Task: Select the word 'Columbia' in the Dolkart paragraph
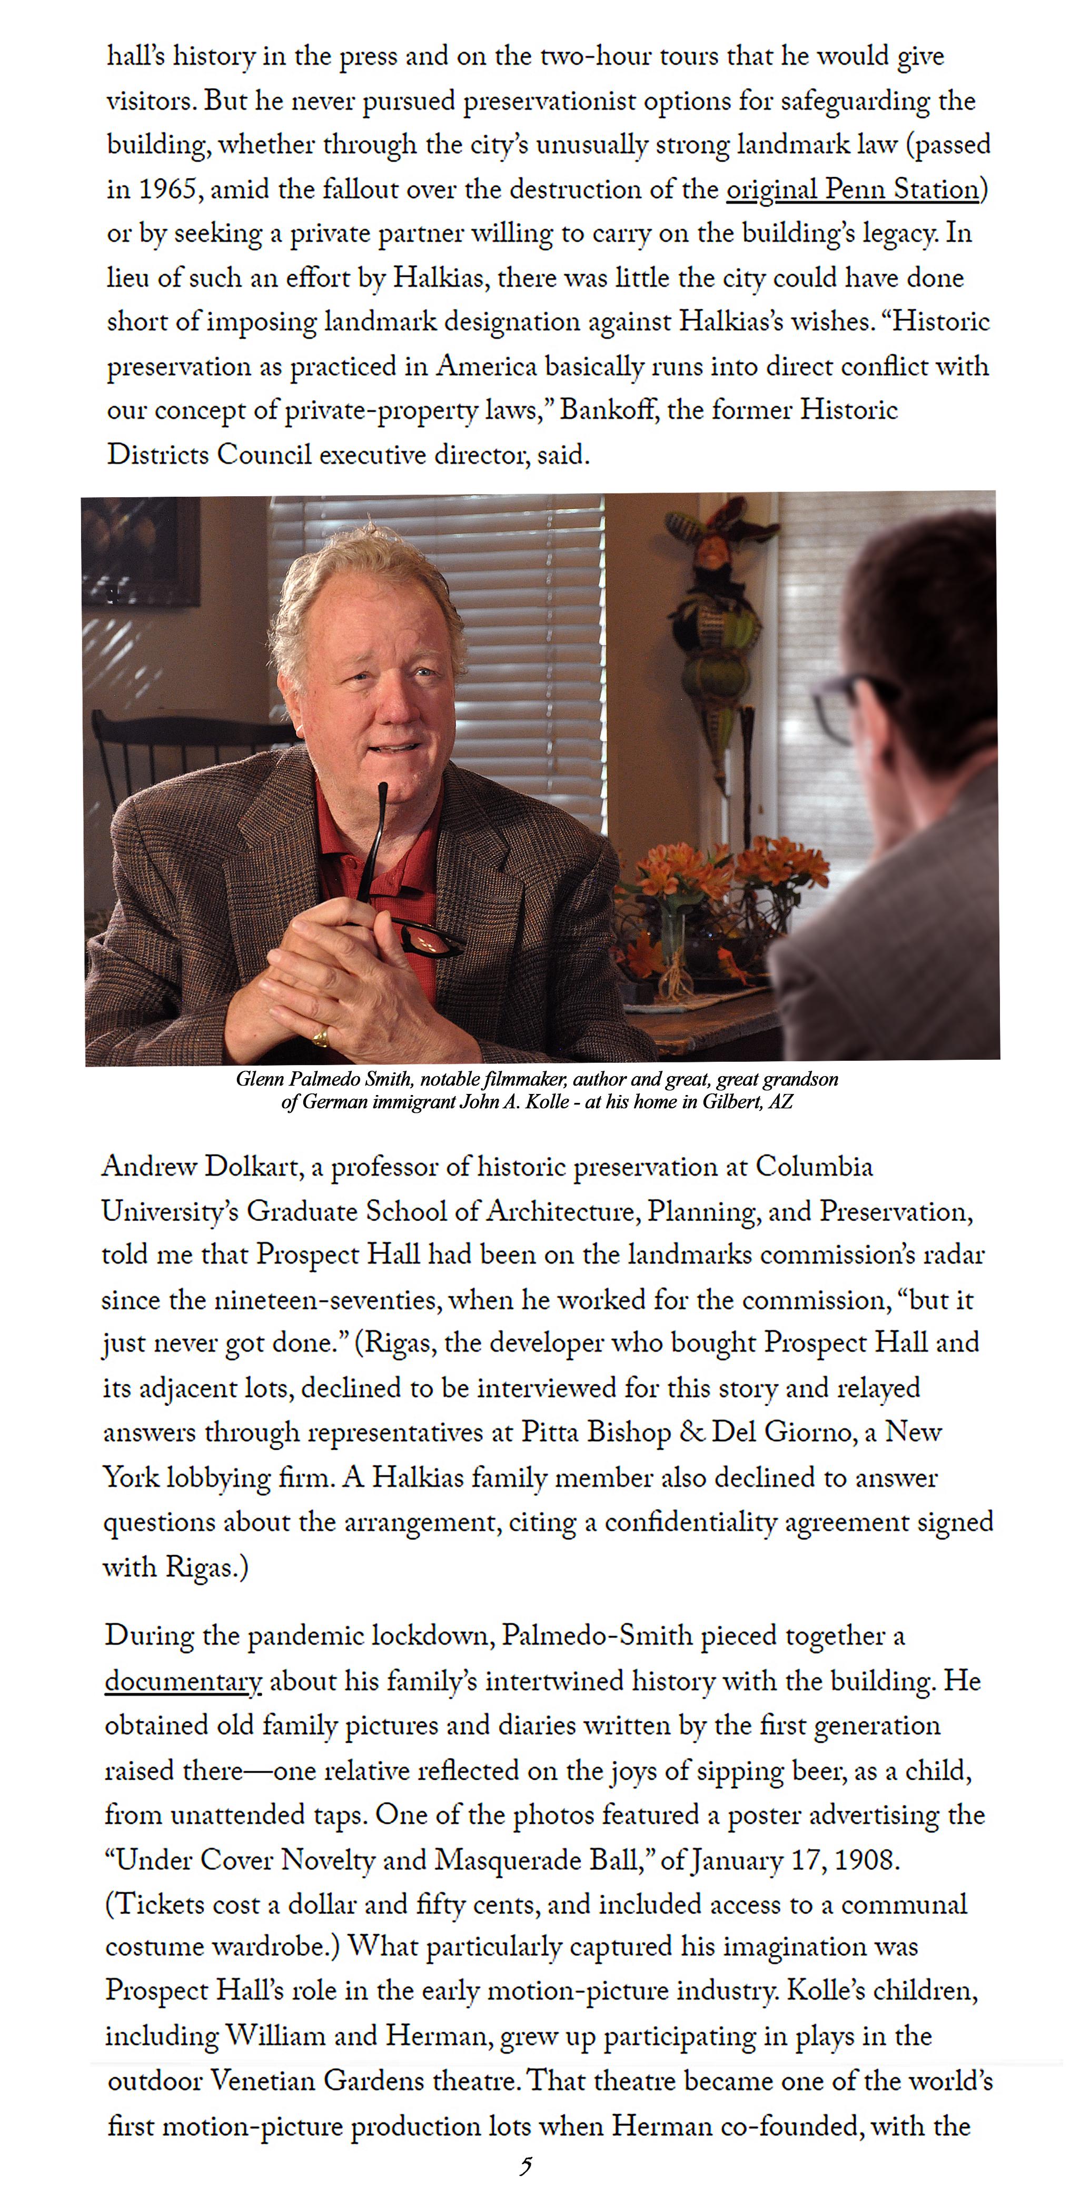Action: click(x=814, y=1167)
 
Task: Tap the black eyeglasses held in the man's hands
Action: click(x=427, y=939)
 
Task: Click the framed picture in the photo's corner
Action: click(x=137, y=549)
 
